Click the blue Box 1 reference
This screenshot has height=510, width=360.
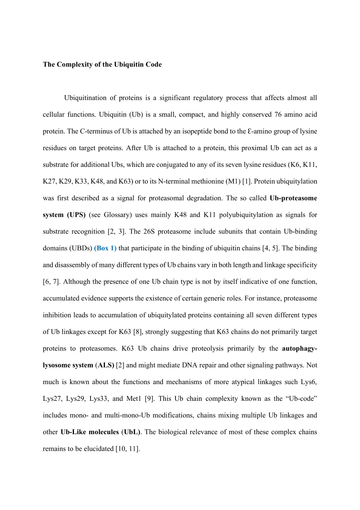click(105, 248)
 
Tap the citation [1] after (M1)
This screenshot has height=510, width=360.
click(247, 181)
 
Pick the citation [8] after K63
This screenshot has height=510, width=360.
click(138, 332)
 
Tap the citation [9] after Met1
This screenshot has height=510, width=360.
click(149, 399)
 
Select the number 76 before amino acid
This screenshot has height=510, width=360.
click(279, 115)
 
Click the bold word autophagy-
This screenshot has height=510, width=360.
click(299, 348)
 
